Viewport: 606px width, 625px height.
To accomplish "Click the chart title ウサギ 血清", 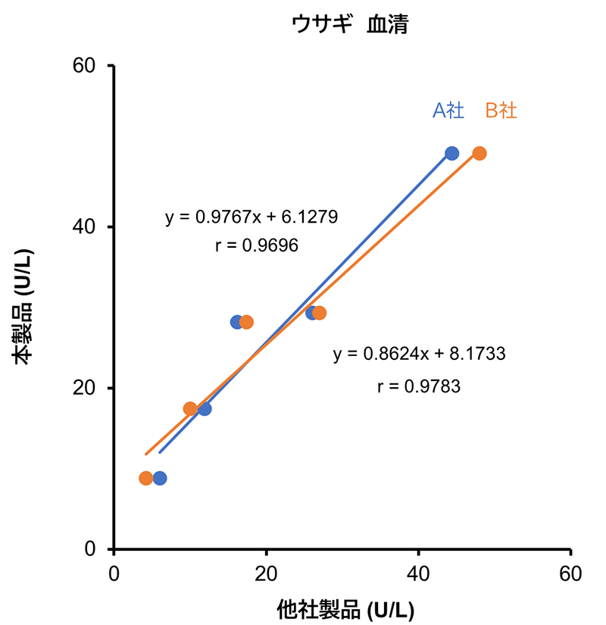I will pyautogui.click(x=350, y=25).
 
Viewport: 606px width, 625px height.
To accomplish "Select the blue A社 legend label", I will pyautogui.click(x=448, y=111).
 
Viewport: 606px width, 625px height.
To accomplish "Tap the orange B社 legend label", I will pyautogui.click(x=501, y=111).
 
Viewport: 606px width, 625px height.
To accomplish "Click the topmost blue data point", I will pyautogui.click(x=452, y=153).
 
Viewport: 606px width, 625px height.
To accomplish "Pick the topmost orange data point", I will pyautogui.click(x=479, y=153).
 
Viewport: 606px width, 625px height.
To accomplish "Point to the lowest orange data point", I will pyautogui.click(x=145, y=478).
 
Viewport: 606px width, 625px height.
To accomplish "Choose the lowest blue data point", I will pyautogui.click(x=160, y=478).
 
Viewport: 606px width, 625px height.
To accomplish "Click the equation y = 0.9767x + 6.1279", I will pyautogui.click(x=251, y=217).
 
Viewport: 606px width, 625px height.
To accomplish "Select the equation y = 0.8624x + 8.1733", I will pyautogui.click(x=419, y=354).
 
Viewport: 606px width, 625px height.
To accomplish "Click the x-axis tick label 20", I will pyautogui.click(x=266, y=573).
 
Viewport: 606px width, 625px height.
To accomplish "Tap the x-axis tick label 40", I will pyautogui.click(x=418, y=573).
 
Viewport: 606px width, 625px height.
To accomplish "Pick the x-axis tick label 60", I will pyautogui.click(x=570, y=573).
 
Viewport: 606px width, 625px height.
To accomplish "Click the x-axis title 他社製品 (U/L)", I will pyautogui.click(x=342, y=608).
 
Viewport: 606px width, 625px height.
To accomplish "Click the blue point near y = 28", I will pyautogui.click(x=236, y=322).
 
